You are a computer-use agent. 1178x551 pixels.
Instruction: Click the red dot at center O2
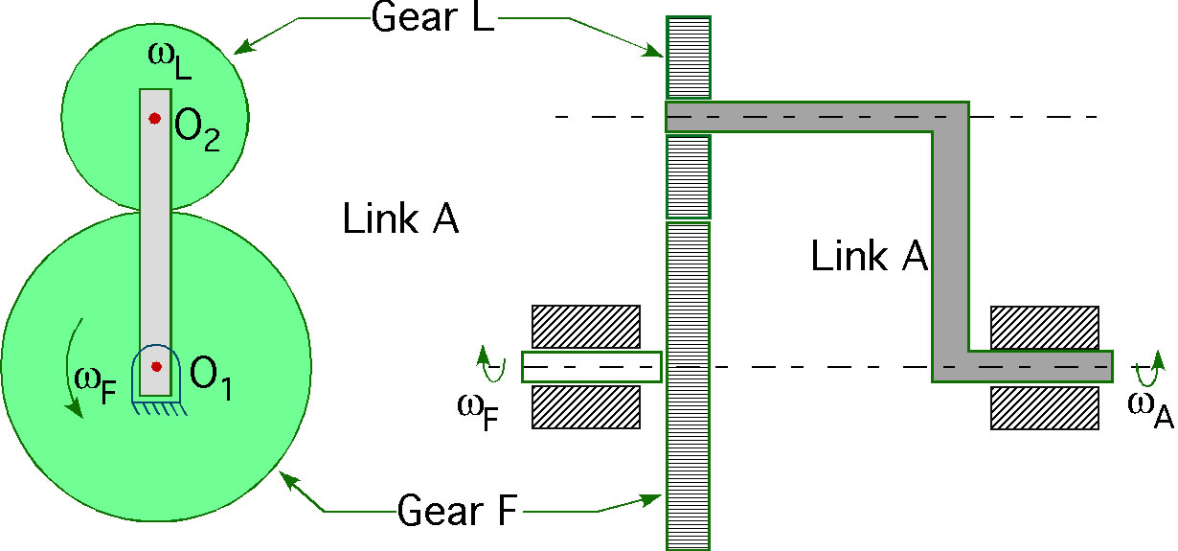click(154, 119)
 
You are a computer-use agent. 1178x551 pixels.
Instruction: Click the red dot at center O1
click(156, 366)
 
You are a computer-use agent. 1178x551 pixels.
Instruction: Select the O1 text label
click(211, 379)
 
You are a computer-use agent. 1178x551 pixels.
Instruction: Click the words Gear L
click(432, 17)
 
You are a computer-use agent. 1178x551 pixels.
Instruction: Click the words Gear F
click(457, 510)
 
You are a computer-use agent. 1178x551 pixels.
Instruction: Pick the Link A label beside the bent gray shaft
click(870, 256)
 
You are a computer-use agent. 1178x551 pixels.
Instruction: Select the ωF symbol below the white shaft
click(478, 413)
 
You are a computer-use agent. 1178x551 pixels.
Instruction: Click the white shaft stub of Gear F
click(592, 367)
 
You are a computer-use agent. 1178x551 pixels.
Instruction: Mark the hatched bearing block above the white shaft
click(586, 326)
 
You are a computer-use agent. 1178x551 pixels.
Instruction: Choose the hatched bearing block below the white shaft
click(586, 407)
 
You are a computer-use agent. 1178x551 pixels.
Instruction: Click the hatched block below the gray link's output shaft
click(1045, 408)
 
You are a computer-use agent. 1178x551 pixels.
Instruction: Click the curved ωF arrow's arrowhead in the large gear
click(76, 408)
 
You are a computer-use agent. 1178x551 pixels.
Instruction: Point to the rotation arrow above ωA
click(1148, 368)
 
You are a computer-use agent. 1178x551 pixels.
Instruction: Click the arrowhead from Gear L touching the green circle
click(243, 47)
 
